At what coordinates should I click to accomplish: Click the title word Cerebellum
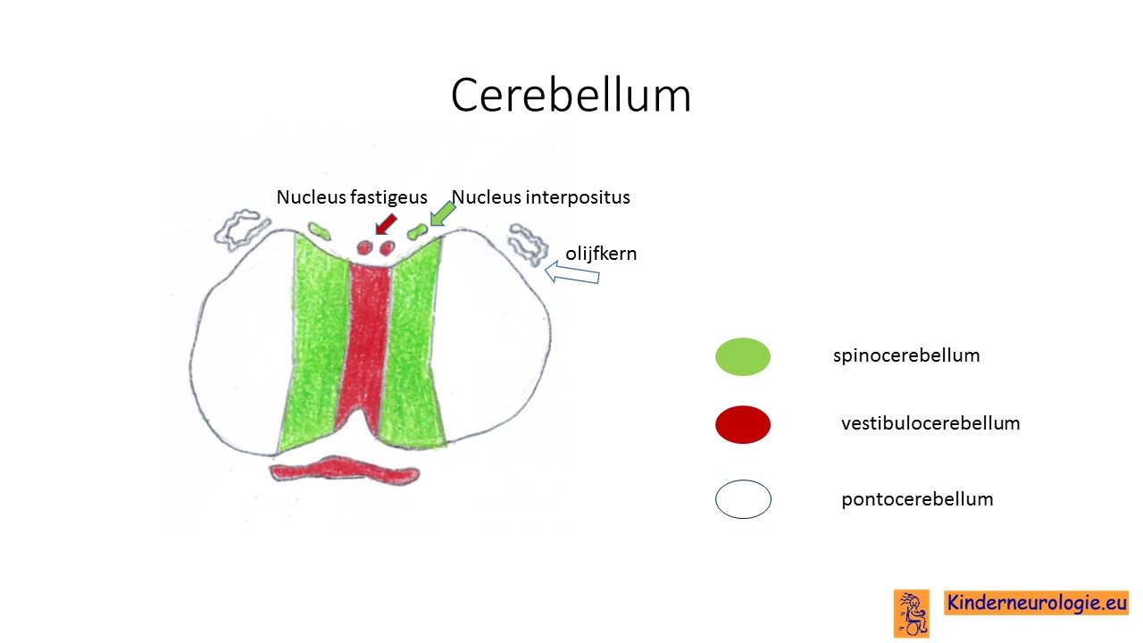[571, 96]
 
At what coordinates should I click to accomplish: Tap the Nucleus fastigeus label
[352, 197]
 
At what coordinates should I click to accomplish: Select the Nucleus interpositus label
[541, 197]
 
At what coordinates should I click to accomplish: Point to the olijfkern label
[601, 254]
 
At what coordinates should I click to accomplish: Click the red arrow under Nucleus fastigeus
[386, 224]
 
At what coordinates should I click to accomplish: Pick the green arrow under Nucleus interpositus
[442, 213]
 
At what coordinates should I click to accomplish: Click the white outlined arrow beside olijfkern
[572, 272]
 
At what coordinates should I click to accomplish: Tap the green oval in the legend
[743, 356]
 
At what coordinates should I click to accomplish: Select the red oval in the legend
[743, 424]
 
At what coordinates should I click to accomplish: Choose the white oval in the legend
[743, 499]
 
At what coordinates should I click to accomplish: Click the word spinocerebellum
[906, 355]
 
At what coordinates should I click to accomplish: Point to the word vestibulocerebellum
[930, 423]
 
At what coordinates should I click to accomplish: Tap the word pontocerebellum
[917, 499]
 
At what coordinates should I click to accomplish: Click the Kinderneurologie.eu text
[1037, 603]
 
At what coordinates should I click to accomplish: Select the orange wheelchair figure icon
[912, 614]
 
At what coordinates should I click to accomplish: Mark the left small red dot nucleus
[363, 248]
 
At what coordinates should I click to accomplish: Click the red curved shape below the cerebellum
[345, 469]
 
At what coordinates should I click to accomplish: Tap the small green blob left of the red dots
[320, 230]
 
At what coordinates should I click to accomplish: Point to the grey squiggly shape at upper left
[241, 230]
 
